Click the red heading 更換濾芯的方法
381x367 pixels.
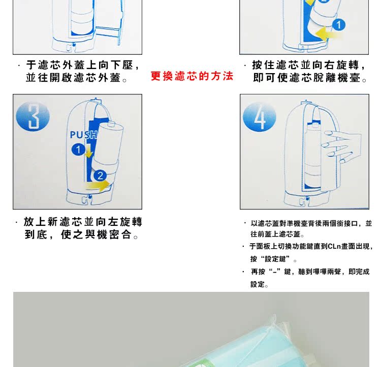[192, 76]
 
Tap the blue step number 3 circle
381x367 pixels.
[33, 117]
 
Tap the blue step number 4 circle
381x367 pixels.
[259, 117]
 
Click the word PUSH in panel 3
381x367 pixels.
[84, 135]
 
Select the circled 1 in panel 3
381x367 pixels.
[78, 150]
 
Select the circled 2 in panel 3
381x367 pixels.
[100, 176]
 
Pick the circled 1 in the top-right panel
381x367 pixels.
[338, 25]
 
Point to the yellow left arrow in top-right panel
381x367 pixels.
[329, 34]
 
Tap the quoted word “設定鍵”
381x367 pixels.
[275, 259]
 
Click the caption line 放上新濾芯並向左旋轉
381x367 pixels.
[83, 222]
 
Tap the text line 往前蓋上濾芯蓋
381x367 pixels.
[277, 234]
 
